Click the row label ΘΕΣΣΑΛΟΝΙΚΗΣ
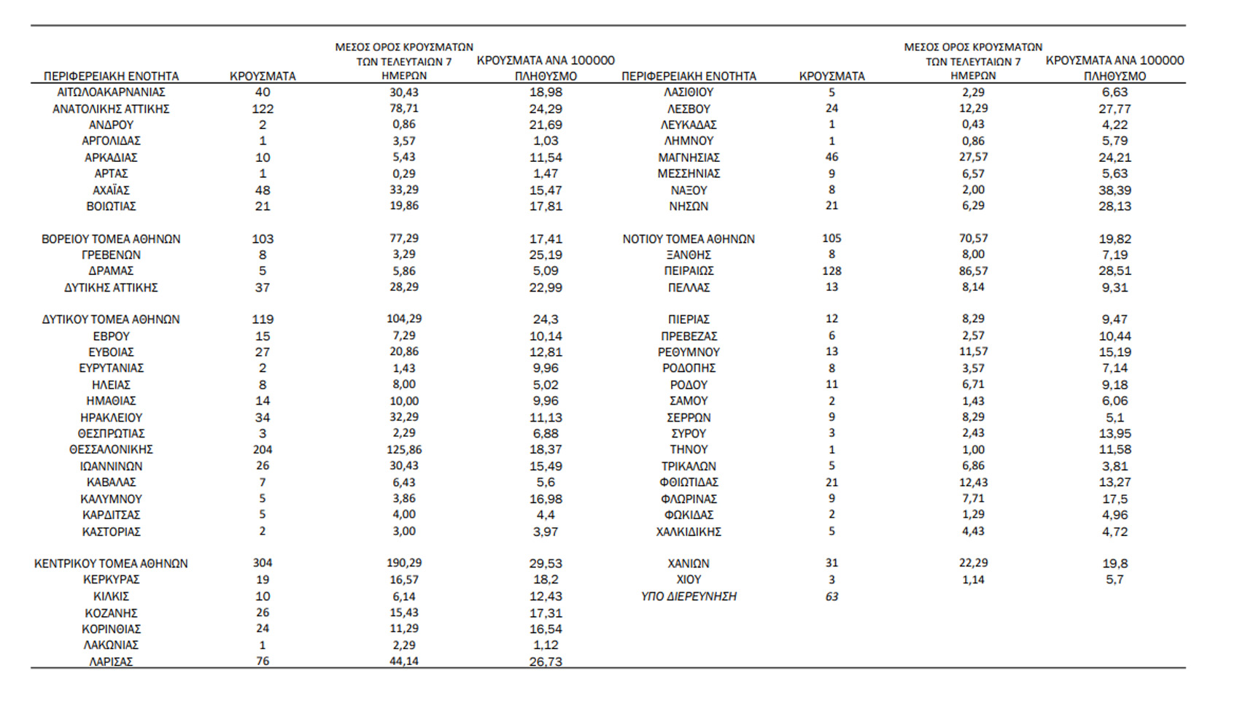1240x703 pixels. [x=111, y=450]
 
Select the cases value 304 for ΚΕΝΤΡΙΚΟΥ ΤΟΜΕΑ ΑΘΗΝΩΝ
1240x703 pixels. [x=263, y=563]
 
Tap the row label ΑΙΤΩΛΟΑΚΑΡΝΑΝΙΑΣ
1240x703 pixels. [x=111, y=93]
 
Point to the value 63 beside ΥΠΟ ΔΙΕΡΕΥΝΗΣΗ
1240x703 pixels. [x=832, y=597]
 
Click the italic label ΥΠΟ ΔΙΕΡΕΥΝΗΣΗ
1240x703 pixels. [x=689, y=597]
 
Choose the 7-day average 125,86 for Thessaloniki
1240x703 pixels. [x=404, y=450]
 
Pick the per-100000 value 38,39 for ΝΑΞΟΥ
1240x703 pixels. [x=1115, y=190]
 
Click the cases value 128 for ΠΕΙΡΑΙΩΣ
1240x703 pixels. [x=832, y=271]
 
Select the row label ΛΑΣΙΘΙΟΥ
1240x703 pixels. [x=689, y=93]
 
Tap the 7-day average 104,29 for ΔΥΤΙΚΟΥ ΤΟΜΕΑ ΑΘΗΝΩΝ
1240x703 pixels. [x=404, y=319]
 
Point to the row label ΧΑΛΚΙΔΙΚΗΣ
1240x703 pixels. [x=689, y=532]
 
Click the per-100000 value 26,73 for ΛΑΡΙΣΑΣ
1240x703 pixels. [x=546, y=661]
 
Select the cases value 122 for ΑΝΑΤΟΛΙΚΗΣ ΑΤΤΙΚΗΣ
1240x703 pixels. [x=263, y=109]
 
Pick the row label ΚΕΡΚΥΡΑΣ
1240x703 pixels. [x=111, y=580]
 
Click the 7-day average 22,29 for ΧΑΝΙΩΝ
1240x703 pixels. [x=973, y=563]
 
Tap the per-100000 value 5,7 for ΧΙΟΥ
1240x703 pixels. [x=1115, y=580]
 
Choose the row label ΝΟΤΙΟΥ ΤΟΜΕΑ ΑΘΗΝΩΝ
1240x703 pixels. [x=689, y=239]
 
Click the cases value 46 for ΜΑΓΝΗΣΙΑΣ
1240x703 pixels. [x=832, y=158]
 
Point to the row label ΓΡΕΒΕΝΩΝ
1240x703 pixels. [x=111, y=255]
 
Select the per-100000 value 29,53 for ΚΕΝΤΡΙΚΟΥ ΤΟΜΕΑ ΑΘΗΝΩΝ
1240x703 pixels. [x=546, y=563]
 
